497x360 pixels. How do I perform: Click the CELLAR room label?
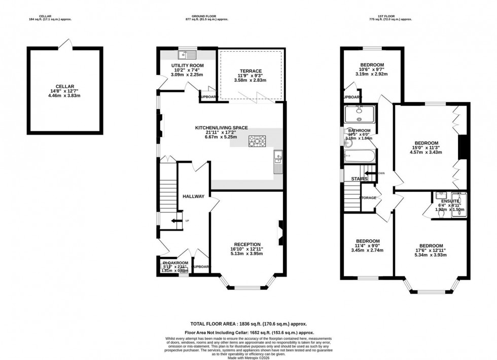tap(65, 87)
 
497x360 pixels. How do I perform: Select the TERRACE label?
tap(251, 71)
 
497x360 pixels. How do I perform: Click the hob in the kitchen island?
tap(257, 141)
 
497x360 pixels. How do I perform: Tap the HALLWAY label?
tap(193, 197)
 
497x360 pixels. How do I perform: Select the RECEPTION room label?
tap(247, 244)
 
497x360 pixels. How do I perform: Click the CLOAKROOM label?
tap(174, 263)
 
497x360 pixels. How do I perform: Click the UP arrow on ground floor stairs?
tap(176, 221)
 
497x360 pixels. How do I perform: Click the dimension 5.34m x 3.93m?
tap(431, 255)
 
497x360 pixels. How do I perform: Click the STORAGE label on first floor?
tap(368, 198)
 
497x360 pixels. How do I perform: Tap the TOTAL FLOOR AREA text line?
tap(248, 323)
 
